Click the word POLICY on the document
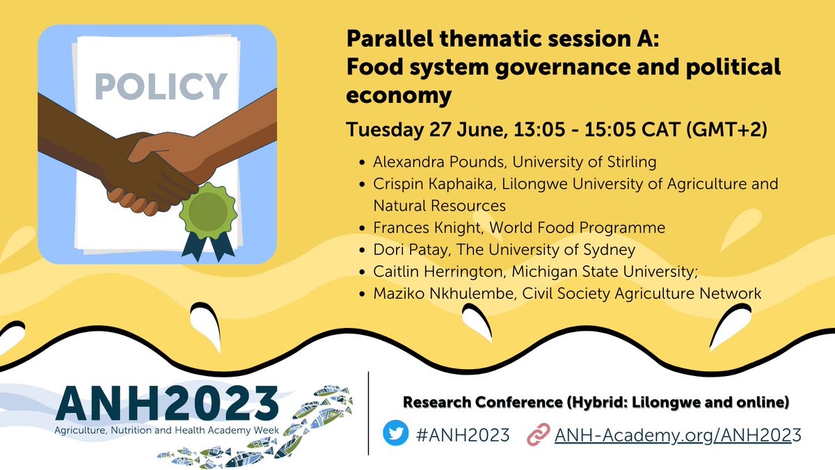click(161, 86)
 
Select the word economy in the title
click(399, 95)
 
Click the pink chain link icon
click(537, 435)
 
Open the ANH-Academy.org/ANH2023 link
click(678, 435)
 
